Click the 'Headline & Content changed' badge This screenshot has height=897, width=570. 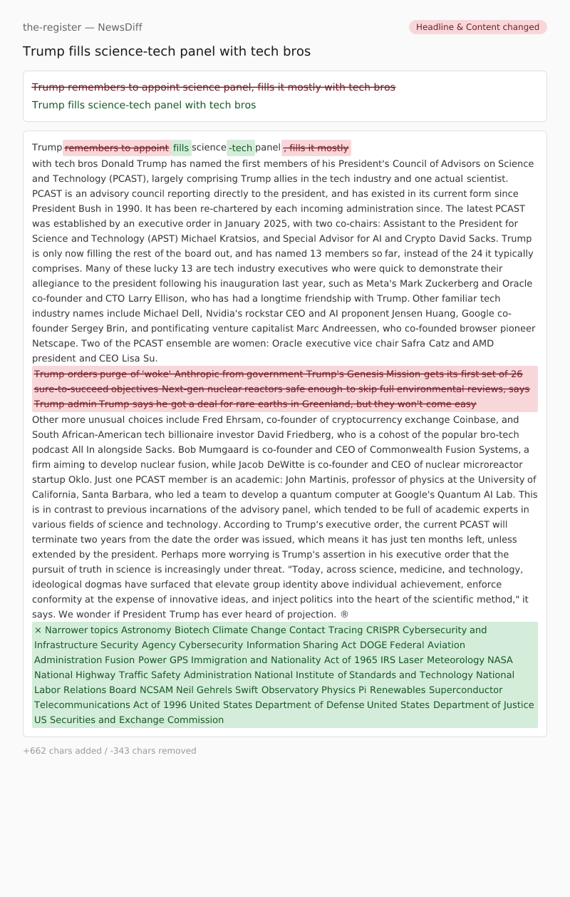point(477,27)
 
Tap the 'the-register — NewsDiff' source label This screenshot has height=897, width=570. point(83,27)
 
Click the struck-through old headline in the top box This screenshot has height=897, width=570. point(214,87)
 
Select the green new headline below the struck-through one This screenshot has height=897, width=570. point(144,105)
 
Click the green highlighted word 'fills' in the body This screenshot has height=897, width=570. point(181,148)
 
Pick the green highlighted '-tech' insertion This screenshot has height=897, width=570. point(241,148)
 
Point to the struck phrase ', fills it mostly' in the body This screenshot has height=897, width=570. point(316,148)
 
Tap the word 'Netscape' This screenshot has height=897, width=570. point(53,343)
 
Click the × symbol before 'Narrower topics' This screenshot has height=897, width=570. point(38,630)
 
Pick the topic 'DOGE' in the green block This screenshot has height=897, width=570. point(373,645)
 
